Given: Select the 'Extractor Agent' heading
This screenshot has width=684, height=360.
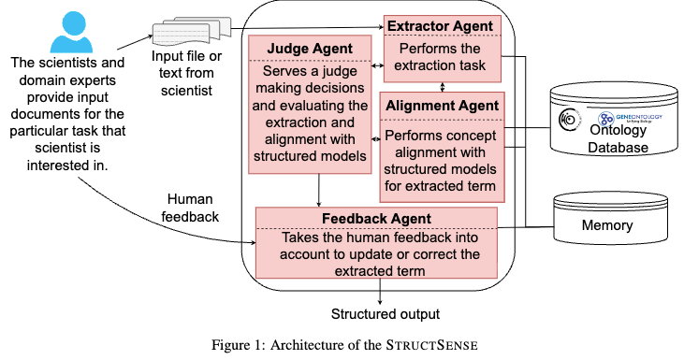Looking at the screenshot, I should point(441,23).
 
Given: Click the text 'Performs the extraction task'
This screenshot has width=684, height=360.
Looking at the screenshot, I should point(441,56).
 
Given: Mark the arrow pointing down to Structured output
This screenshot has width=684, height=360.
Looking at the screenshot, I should point(380,291).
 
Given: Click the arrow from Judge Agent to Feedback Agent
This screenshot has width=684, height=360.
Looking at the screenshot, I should point(320,190).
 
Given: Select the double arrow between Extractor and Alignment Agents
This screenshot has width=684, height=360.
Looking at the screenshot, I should point(441,86).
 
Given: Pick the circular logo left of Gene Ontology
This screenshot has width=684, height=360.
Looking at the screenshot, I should point(568,120).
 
